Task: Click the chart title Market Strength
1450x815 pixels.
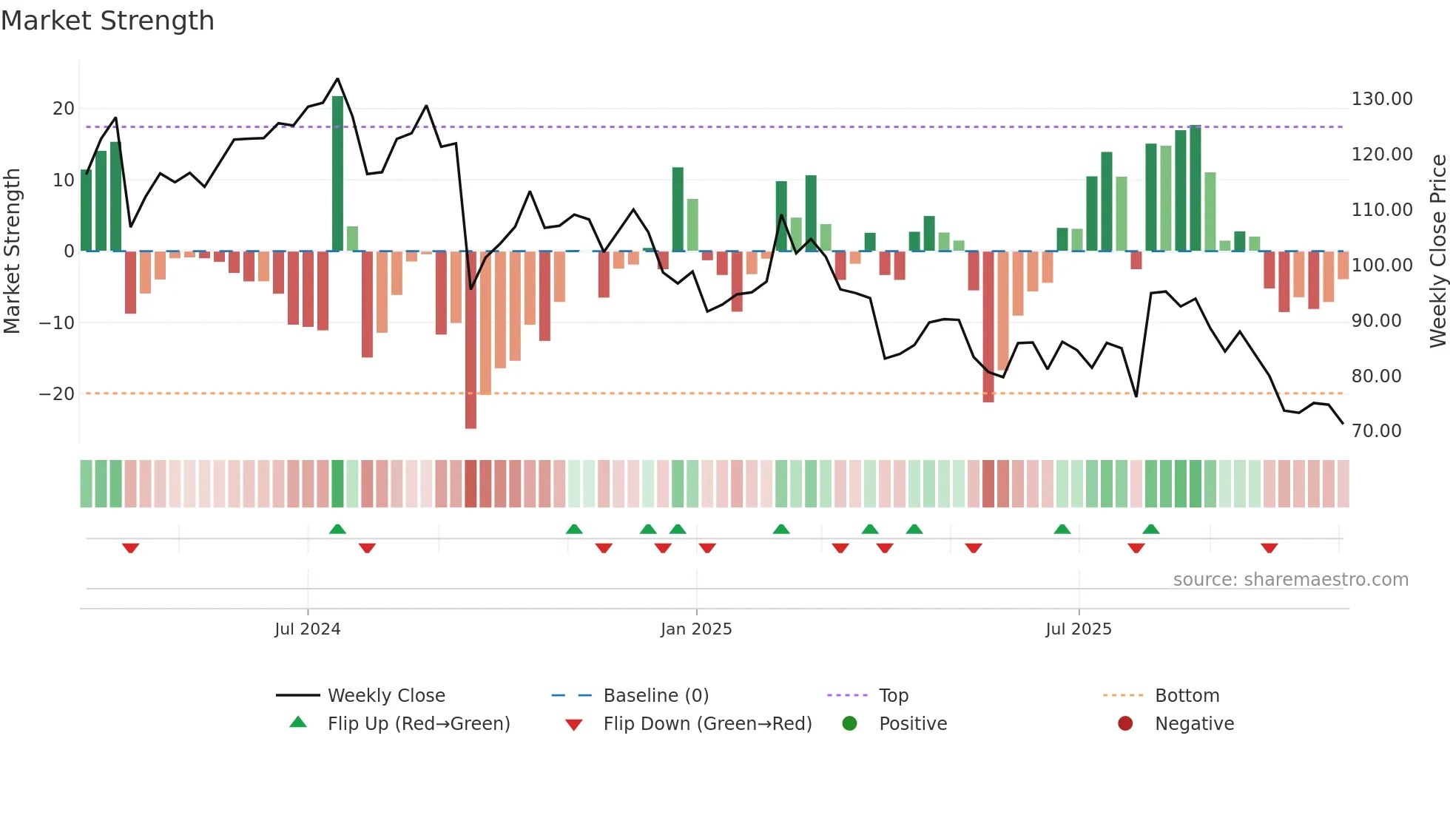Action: click(x=107, y=21)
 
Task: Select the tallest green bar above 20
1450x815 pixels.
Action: click(x=337, y=174)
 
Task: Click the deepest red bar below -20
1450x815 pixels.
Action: click(x=471, y=340)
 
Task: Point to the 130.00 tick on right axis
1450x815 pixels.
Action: click(x=1381, y=99)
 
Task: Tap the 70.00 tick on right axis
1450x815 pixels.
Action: click(x=1376, y=431)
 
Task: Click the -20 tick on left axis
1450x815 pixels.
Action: click(x=57, y=394)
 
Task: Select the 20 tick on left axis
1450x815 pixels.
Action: click(x=64, y=109)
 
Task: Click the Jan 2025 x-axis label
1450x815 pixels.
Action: click(x=695, y=629)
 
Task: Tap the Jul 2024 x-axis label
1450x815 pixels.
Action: click(x=307, y=629)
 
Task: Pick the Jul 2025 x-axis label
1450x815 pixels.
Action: click(x=1078, y=629)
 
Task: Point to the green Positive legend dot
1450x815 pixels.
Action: click(x=849, y=724)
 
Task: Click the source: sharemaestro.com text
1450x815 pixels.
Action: click(x=1290, y=580)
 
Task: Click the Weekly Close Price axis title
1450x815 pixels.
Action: click(x=1437, y=251)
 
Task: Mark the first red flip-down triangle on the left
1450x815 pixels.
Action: click(x=130, y=548)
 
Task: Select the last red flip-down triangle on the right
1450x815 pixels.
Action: click(x=1269, y=548)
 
